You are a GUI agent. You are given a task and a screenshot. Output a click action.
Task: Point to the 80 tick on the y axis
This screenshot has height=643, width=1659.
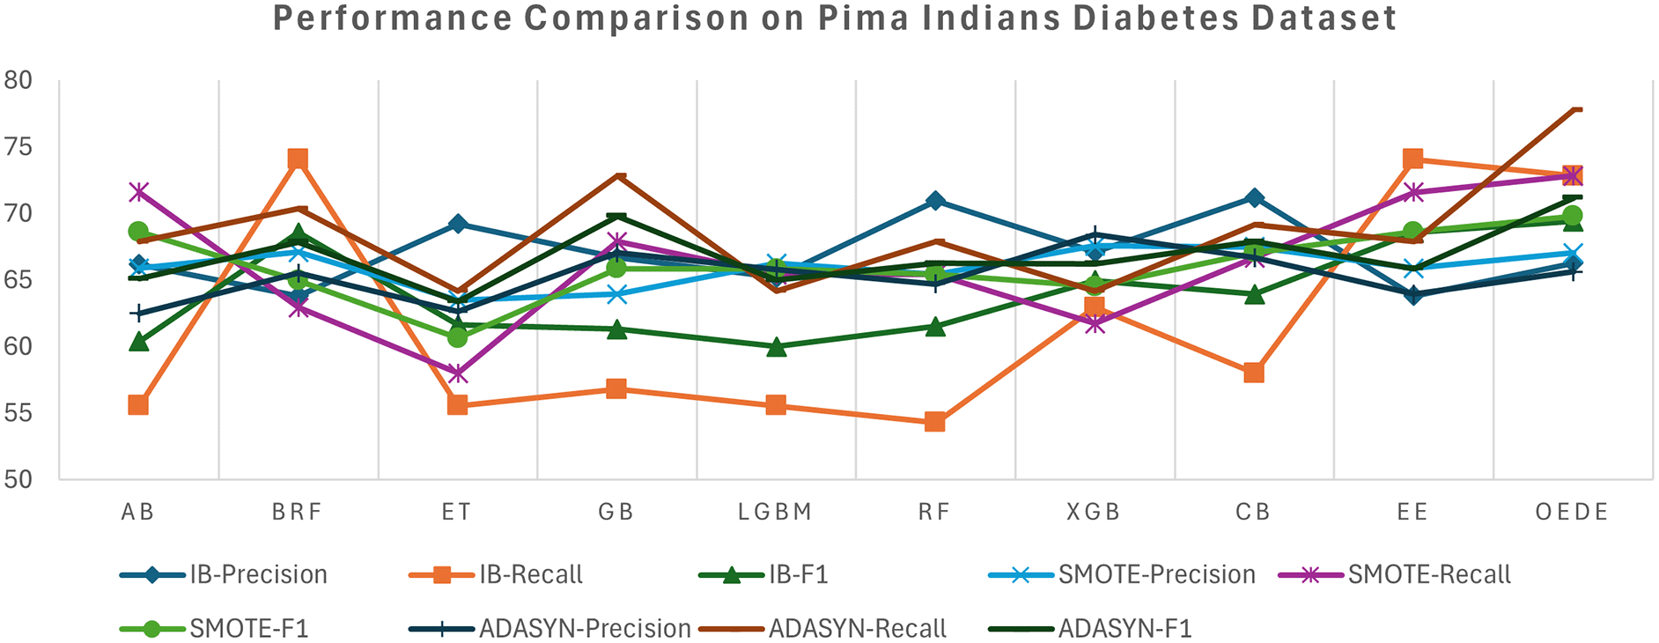pyautogui.click(x=18, y=80)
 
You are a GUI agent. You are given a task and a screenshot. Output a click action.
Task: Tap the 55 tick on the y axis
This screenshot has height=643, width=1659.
pyautogui.click(x=18, y=413)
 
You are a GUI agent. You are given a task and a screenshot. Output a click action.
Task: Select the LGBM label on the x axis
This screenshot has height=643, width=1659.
pyautogui.click(x=775, y=512)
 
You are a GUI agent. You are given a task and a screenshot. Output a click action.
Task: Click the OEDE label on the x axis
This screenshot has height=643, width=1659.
pyautogui.click(x=1572, y=512)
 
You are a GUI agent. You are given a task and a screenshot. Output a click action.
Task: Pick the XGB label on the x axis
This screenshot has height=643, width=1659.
pyautogui.click(x=1094, y=512)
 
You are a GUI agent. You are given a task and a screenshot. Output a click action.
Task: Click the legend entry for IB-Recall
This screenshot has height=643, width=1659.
pyautogui.click(x=530, y=575)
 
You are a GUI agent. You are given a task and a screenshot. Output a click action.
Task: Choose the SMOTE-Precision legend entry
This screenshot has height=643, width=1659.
pyautogui.click(x=1156, y=575)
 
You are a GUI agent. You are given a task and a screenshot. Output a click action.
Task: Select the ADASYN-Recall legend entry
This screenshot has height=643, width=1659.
pyautogui.click(x=857, y=629)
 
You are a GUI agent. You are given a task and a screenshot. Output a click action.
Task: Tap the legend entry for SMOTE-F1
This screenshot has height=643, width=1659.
pyautogui.click(x=248, y=629)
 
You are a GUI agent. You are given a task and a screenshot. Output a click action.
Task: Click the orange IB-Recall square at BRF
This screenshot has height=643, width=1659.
pyautogui.click(x=298, y=159)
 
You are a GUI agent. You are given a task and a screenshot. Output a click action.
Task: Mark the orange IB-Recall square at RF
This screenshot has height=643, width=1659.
pyautogui.click(x=935, y=422)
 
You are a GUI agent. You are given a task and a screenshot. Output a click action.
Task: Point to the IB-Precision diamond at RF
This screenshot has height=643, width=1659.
pyautogui.click(x=935, y=201)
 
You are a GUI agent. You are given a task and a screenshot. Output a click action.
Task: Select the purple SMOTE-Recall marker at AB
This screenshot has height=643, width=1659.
pyautogui.click(x=138, y=191)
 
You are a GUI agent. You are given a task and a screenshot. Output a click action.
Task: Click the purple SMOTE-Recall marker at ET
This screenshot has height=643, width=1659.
pyautogui.click(x=457, y=373)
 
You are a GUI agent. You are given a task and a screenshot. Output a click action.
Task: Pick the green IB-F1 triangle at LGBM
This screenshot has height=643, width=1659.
pyautogui.click(x=776, y=347)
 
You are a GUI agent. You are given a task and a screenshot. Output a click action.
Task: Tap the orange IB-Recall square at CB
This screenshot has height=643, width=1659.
pyautogui.click(x=1254, y=373)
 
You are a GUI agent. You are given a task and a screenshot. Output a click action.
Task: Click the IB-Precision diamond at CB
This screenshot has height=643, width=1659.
pyautogui.click(x=1254, y=197)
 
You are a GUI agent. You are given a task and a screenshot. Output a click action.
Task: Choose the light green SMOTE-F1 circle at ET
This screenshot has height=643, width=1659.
pyautogui.click(x=457, y=337)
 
